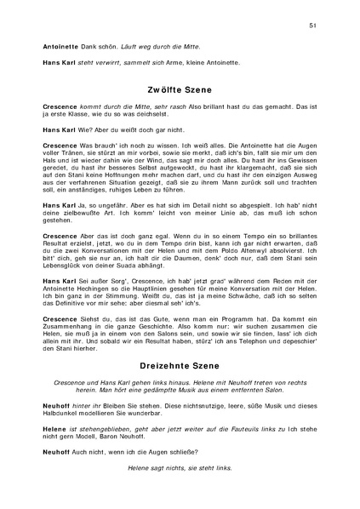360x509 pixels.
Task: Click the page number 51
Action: (x=313, y=26)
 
